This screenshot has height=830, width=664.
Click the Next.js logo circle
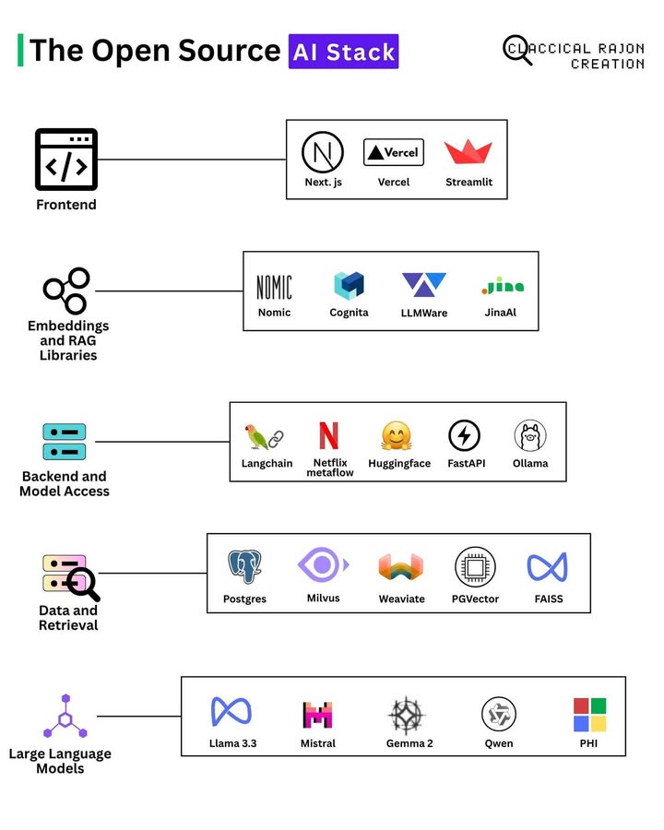[x=323, y=152]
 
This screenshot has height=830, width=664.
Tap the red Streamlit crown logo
[x=468, y=153]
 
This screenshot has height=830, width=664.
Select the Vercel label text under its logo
[x=394, y=183]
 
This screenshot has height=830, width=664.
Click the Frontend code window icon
[x=66, y=160]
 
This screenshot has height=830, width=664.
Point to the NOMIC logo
[x=274, y=287]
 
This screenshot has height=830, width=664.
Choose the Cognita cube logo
[x=349, y=286]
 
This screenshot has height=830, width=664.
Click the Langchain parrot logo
[x=264, y=437]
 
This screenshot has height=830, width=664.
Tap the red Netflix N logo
[x=328, y=435]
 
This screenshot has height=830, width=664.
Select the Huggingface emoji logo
[x=397, y=436]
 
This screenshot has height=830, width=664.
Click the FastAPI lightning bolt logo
[x=464, y=436]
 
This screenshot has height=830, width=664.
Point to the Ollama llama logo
[x=530, y=436]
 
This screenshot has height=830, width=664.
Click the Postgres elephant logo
[x=244, y=567]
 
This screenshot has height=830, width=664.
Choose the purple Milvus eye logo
[x=323, y=564]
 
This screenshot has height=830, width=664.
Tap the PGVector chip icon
[x=475, y=567]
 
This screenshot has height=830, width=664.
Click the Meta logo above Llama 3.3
[x=231, y=712]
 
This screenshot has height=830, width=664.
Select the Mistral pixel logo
[x=317, y=715]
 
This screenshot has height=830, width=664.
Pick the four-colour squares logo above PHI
[x=589, y=714]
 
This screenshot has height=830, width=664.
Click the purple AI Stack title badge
[x=343, y=52]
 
